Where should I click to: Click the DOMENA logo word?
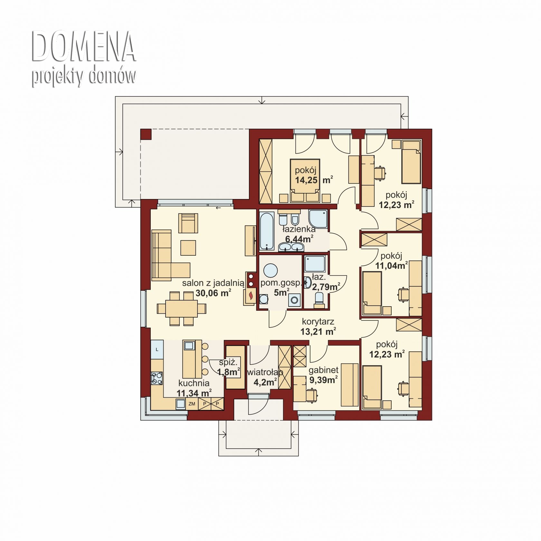tap(84, 46)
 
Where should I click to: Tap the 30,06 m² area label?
tap(213, 293)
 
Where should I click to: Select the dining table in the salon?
tap(182, 308)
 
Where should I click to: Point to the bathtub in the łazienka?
tap(267, 231)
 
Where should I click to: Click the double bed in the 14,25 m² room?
tap(305, 181)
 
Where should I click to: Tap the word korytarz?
tap(318, 321)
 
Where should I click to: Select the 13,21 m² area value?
tap(318, 331)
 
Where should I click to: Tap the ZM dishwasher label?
tap(192, 404)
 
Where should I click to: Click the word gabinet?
tap(323, 370)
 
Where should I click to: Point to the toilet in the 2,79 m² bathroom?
tap(319, 299)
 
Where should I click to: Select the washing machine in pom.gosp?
tap(294, 300)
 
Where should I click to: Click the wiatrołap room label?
tap(265, 373)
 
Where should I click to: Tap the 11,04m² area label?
tap(392, 266)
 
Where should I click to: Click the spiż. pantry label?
tap(228, 362)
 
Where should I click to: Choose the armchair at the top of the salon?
tap(188, 223)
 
